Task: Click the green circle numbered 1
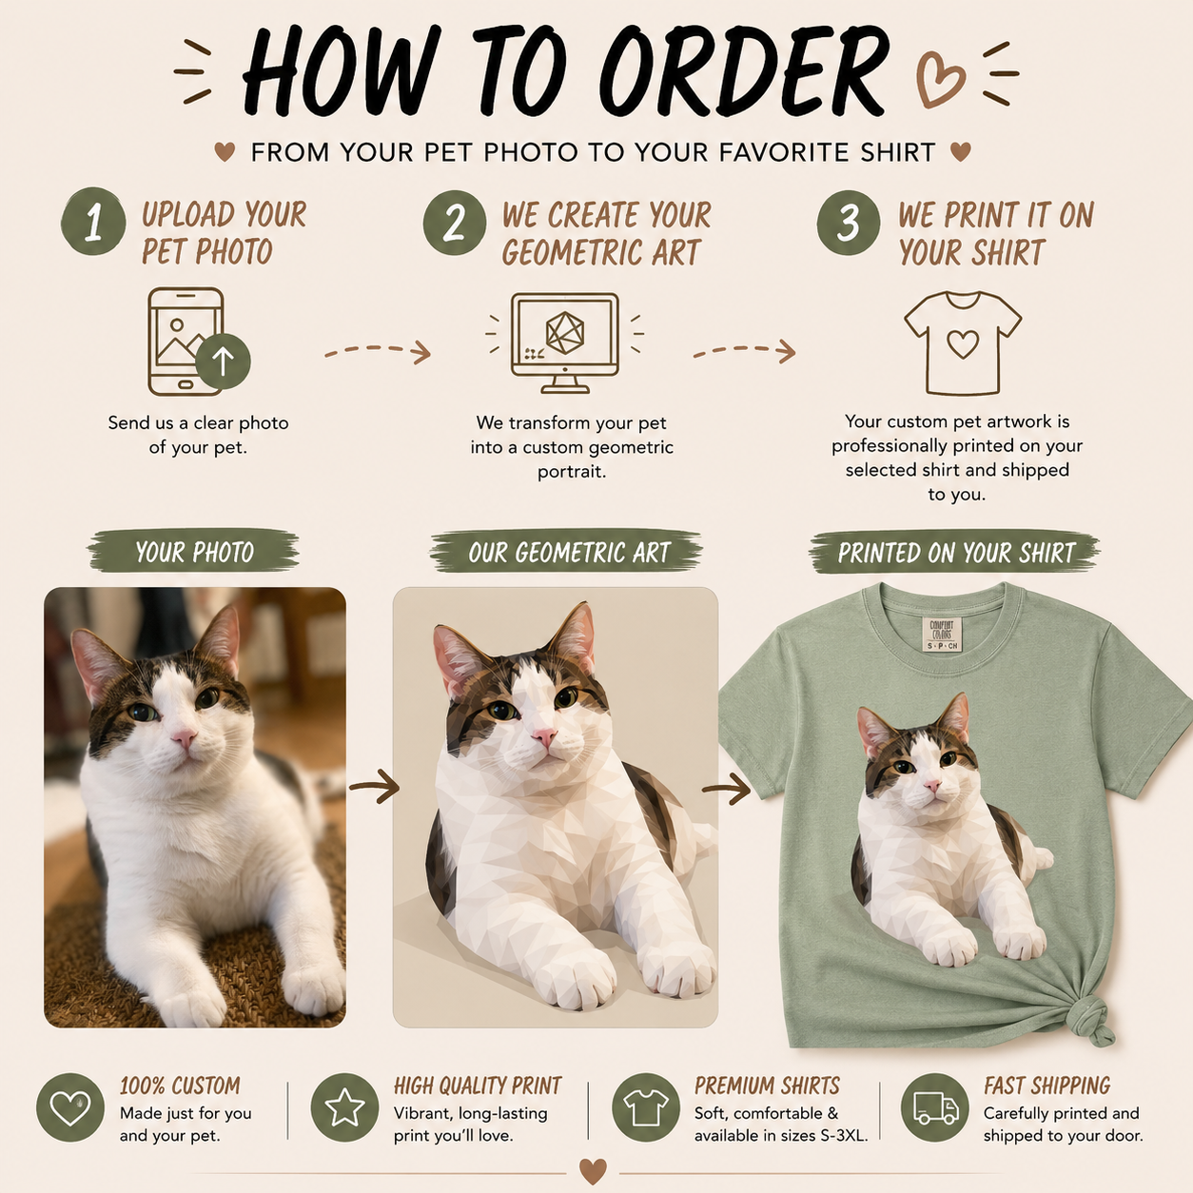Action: (x=93, y=221)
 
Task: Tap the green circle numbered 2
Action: (x=455, y=223)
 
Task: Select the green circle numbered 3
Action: (x=849, y=223)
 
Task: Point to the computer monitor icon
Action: (x=564, y=342)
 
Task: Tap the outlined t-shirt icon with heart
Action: (x=963, y=342)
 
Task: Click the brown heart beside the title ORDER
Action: (x=940, y=80)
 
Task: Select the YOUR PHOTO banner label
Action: (x=194, y=551)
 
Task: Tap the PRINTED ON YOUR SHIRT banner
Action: (x=955, y=552)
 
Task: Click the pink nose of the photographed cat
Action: (x=184, y=736)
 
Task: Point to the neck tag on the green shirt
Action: (x=942, y=634)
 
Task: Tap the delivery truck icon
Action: (x=935, y=1107)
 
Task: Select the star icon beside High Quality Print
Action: (x=344, y=1107)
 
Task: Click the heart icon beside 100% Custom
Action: (x=70, y=1107)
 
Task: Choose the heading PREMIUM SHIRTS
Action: (x=767, y=1085)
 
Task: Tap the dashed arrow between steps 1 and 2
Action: (x=378, y=351)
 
